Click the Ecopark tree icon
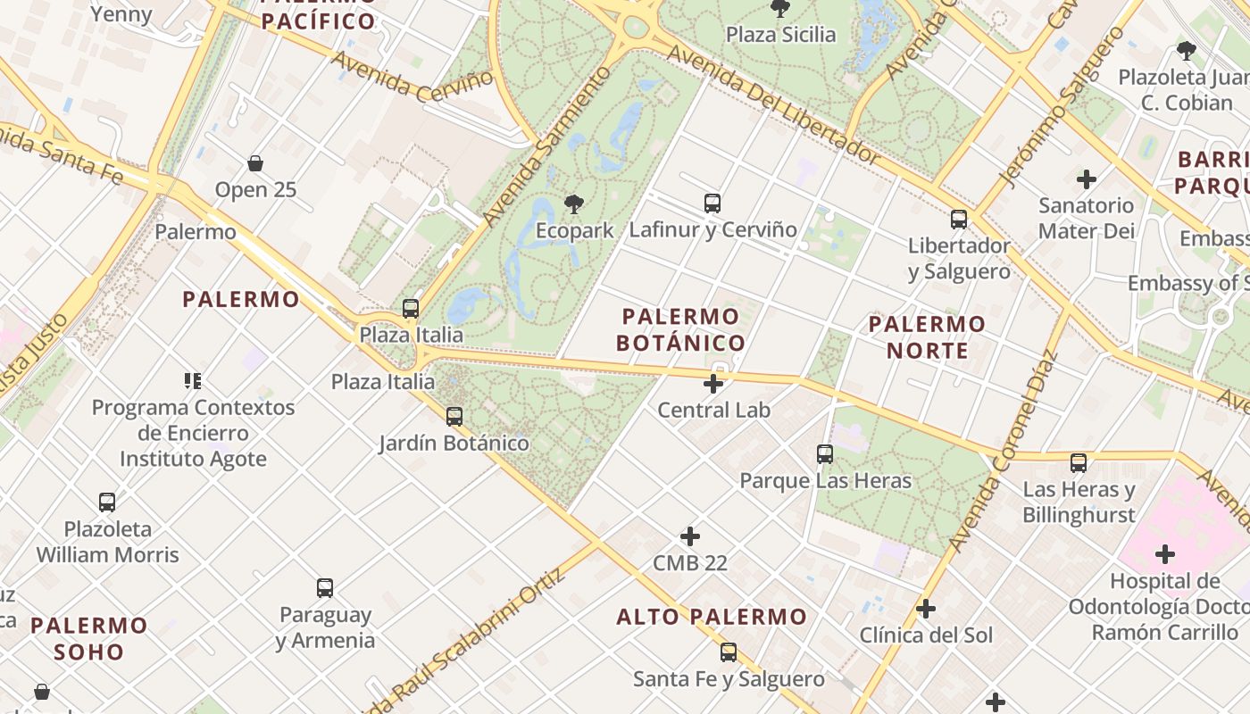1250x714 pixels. click(574, 205)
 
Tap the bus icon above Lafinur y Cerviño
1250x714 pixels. click(712, 203)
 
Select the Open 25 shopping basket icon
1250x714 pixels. click(255, 163)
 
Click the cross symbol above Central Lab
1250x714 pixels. click(712, 384)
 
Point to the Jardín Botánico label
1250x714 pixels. click(454, 443)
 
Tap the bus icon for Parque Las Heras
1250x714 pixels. click(825, 454)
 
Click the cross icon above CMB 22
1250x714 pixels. click(690, 536)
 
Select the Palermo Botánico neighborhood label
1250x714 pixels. click(681, 329)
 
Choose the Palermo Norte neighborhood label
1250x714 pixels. click(927, 336)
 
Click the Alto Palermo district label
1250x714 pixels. click(712, 617)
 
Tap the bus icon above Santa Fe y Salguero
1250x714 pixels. click(729, 652)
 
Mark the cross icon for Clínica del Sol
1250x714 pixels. click(926, 609)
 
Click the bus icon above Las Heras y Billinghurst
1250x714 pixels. click(1079, 463)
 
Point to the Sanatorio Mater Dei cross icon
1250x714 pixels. click(1087, 179)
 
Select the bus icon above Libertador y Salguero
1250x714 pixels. click(959, 220)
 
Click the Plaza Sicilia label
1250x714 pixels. click(780, 35)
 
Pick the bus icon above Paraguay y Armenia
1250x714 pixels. click(325, 588)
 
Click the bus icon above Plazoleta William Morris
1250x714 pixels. click(107, 502)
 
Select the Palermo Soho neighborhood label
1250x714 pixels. click(88, 638)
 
